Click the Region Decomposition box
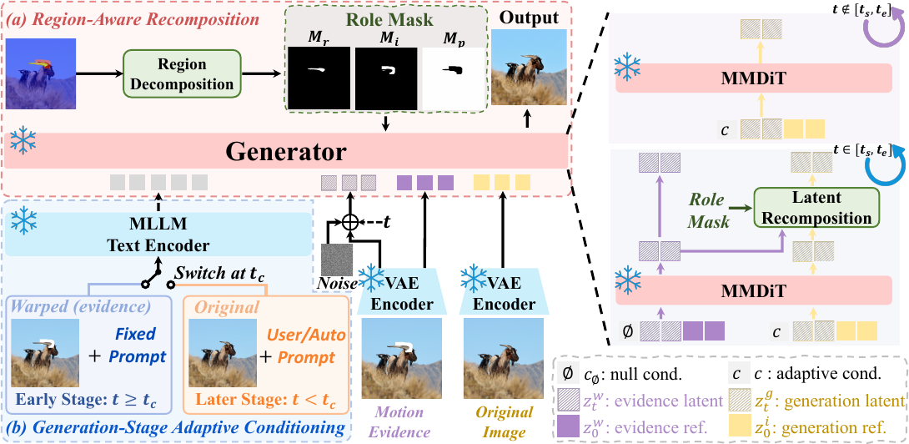pyautogui.click(x=182, y=73)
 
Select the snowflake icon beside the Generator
pyautogui.click(x=23, y=140)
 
